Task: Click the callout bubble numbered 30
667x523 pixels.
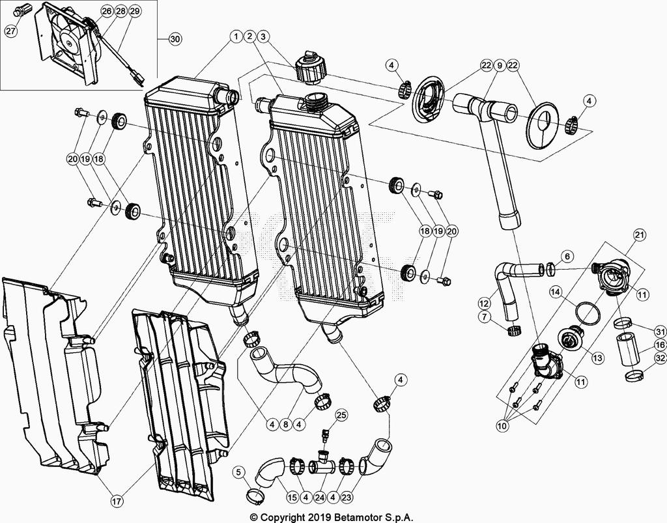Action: (x=175, y=39)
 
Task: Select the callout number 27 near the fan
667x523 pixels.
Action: (x=11, y=30)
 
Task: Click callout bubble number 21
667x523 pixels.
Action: (x=639, y=235)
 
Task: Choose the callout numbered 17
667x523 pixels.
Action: (x=116, y=502)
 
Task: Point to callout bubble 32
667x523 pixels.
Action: (x=659, y=358)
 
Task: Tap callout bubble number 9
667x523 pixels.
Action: (x=500, y=64)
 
